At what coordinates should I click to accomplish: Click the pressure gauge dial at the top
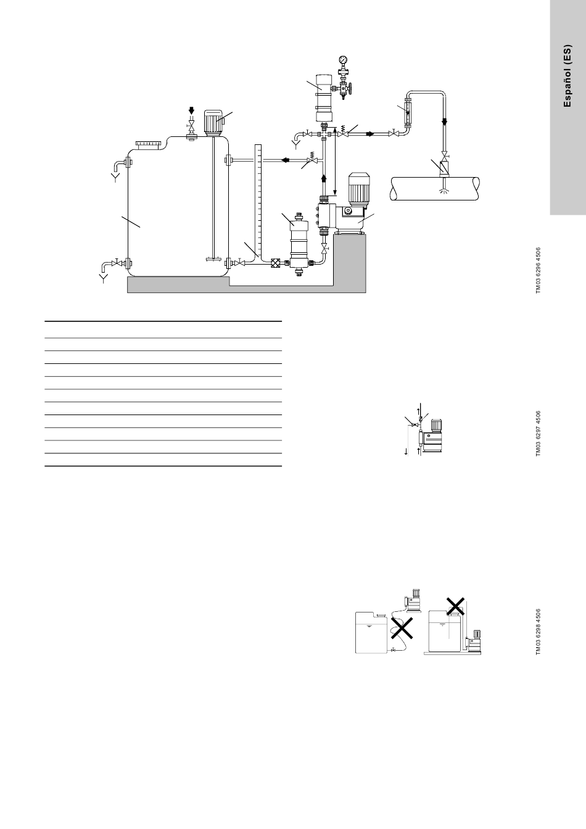pos(343,60)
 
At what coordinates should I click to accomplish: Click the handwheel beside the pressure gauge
pos(350,89)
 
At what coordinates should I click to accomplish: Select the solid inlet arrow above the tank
pos(191,110)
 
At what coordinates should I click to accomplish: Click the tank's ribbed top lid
pos(149,143)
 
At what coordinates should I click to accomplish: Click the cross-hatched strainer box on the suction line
pos(275,263)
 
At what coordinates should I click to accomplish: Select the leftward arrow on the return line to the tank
pos(286,160)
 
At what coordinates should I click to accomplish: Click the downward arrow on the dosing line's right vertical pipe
pos(445,123)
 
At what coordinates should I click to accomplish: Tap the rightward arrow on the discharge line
pos(370,134)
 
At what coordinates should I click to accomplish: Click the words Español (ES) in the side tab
pos(567,76)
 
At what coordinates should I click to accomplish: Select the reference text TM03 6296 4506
pos(538,271)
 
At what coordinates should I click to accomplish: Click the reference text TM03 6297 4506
pos(538,434)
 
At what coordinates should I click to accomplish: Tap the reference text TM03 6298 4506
pos(538,632)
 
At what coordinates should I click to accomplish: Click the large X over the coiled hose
pos(402,628)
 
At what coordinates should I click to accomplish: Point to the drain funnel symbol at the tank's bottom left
pos(103,279)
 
